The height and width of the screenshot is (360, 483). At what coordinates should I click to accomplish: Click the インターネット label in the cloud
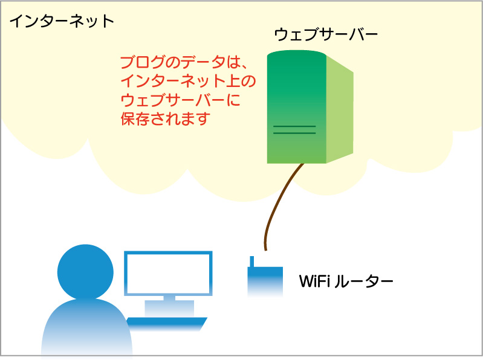[x=61, y=21]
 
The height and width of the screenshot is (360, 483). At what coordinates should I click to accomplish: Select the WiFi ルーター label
[x=346, y=281]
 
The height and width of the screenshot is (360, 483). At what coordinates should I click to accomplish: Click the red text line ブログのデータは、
[x=181, y=63]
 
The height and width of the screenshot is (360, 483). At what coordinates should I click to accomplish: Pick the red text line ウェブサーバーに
[x=181, y=100]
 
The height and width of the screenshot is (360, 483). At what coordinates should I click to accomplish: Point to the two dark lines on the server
[x=294, y=129]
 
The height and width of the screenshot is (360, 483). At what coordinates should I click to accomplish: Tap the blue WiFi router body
[x=265, y=281]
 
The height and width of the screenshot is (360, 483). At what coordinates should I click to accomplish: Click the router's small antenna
[x=250, y=262]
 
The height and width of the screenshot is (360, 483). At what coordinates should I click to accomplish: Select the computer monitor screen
[x=168, y=273]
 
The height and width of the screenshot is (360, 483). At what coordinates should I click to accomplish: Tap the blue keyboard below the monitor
[x=167, y=323]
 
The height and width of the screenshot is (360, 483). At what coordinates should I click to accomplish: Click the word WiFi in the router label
[x=313, y=281]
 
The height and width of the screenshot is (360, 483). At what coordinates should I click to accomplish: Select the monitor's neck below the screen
[x=169, y=298]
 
